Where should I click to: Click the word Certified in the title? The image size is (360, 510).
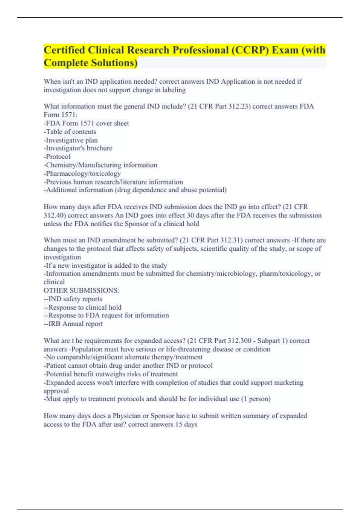(64, 50)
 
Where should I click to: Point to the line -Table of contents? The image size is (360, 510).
(70, 132)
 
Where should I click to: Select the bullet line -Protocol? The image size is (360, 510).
(57, 157)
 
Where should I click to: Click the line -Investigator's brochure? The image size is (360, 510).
(78, 148)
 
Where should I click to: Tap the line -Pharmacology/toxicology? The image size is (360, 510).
(82, 173)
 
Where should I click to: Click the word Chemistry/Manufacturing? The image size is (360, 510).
(84, 165)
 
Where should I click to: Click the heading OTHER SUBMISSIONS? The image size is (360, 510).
(81, 290)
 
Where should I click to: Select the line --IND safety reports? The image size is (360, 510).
(73, 299)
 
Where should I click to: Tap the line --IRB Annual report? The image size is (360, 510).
(73, 324)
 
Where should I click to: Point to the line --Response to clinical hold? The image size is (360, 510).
(82, 307)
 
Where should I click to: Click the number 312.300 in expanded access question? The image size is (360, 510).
(239, 341)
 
